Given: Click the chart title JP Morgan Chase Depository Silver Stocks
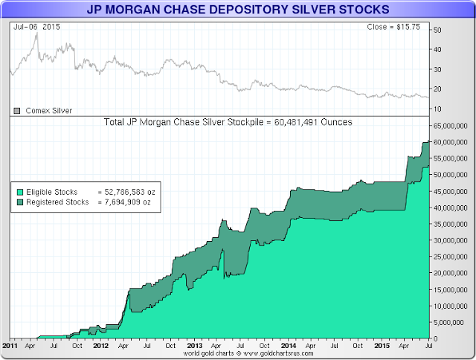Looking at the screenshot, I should [x=237, y=10].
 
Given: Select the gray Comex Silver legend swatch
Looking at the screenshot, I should [x=16, y=110].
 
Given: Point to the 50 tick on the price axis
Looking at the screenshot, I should [x=437, y=30].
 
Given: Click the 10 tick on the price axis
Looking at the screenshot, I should [x=437, y=109].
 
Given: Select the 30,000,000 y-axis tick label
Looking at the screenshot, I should [x=451, y=240].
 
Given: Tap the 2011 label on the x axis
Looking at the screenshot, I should [x=10, y=346].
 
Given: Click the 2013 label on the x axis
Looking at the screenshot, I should [x=195, y=346].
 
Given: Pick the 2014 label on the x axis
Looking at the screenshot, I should [x=288, y=346].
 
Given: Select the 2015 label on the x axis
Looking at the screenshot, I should [x=382, y=346].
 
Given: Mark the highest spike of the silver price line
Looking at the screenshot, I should [x=36, y=33].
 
